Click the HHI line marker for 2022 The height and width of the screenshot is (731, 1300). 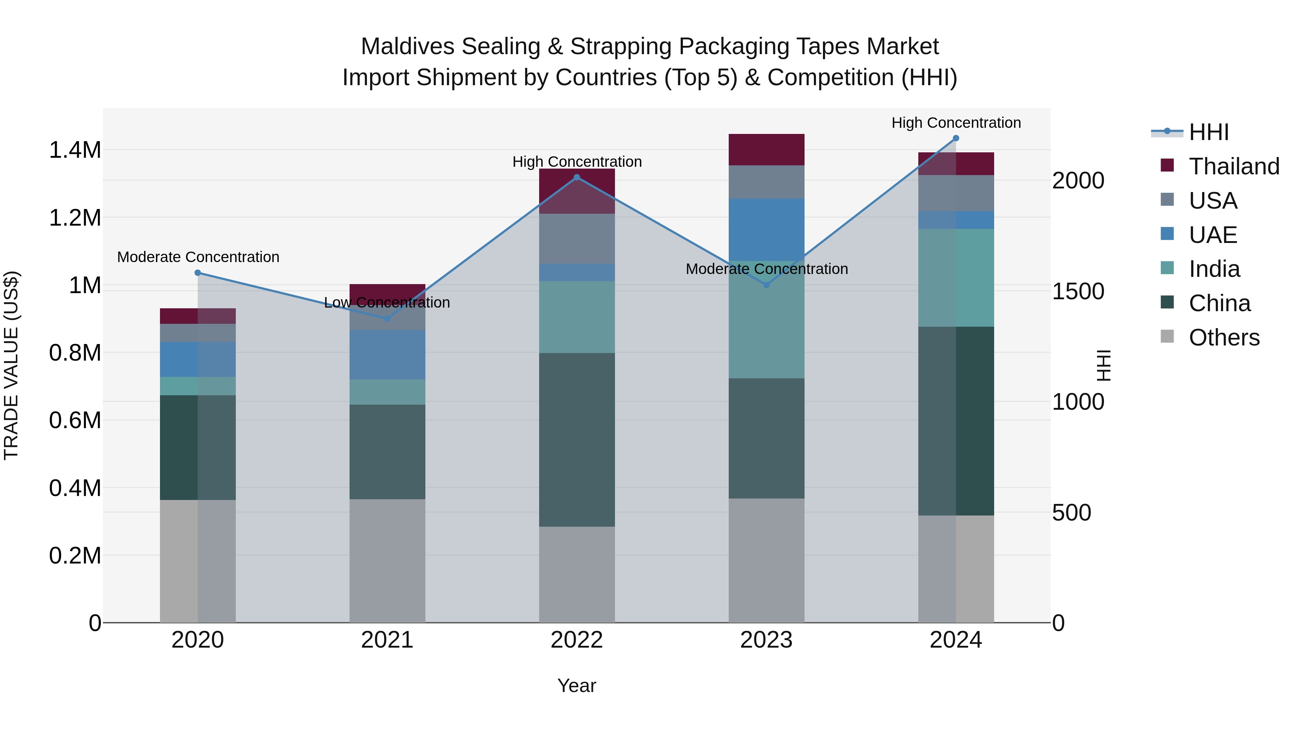pyautogui.click(x=577, y=177)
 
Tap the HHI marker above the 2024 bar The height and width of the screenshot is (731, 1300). pyautogui.click(x=956, y=138)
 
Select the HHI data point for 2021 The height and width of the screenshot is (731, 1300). pyautogui.click(x=387, y=318)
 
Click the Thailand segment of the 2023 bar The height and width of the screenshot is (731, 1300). pyautogui.click(x=766, y=149)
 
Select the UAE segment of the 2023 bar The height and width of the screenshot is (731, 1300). pyautogui.click(x=766, y=230)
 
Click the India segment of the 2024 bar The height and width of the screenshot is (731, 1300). pyautogui.click(x=956, y=278)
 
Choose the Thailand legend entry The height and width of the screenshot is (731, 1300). pyautogui.click(x=1234, y=166)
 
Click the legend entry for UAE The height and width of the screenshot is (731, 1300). pyautogui.click(x=1213, y=235)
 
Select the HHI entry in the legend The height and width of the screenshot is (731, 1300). pyautogui.click(x=1208, y=132)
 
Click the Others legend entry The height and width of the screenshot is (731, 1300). pyautogui.click(x=1223, y=337)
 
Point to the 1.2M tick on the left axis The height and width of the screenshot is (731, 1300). pyautogui.click(x=75, y=218)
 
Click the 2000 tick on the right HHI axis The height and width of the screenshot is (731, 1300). pyautogui.click(x=1078, y=180)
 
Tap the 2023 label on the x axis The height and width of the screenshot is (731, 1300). pyautogui.click(x=766, y=640)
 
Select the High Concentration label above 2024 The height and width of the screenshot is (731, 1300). pyautogui.click(x=956, y=123)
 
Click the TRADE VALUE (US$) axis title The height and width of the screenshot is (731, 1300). pyautogui.click(x=11, y=365)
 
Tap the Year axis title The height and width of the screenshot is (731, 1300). pyautogui.click(x=576, y=686)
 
